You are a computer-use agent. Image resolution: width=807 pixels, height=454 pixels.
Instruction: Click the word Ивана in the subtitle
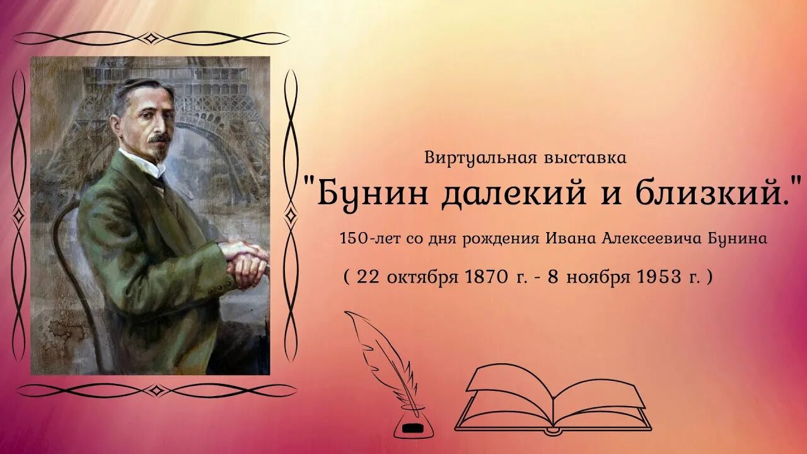[570, 240]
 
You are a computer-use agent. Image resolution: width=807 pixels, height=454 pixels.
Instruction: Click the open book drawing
[553, 397]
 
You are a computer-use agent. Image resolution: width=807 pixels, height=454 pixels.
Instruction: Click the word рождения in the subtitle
[509, 240]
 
